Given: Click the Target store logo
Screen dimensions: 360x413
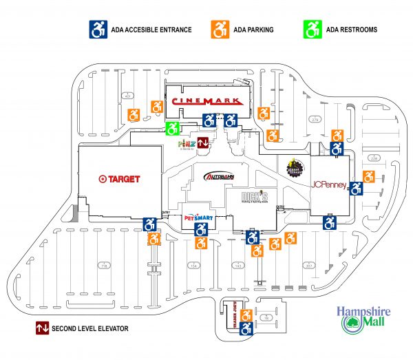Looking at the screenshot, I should point(119,179).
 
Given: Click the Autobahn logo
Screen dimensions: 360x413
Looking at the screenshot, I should point(220,177).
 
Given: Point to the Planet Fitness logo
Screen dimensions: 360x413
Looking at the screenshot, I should point(293,166).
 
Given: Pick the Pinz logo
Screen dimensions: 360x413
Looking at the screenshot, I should point(186,144).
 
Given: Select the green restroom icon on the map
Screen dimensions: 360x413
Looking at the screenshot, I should point(173,127).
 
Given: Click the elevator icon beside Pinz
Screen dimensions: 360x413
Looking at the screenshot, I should point(203,143).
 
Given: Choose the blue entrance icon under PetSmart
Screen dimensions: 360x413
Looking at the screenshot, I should point(202,229).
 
